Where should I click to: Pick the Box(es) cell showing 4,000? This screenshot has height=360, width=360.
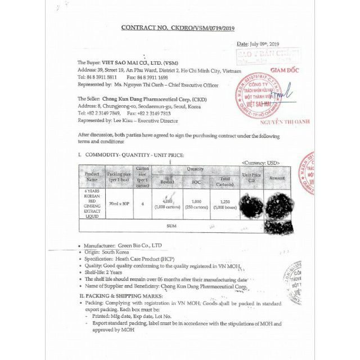pyautogui.click(x=166, y=204)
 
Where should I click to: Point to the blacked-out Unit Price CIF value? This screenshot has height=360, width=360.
pyautogui.click(x=251, y=204)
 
